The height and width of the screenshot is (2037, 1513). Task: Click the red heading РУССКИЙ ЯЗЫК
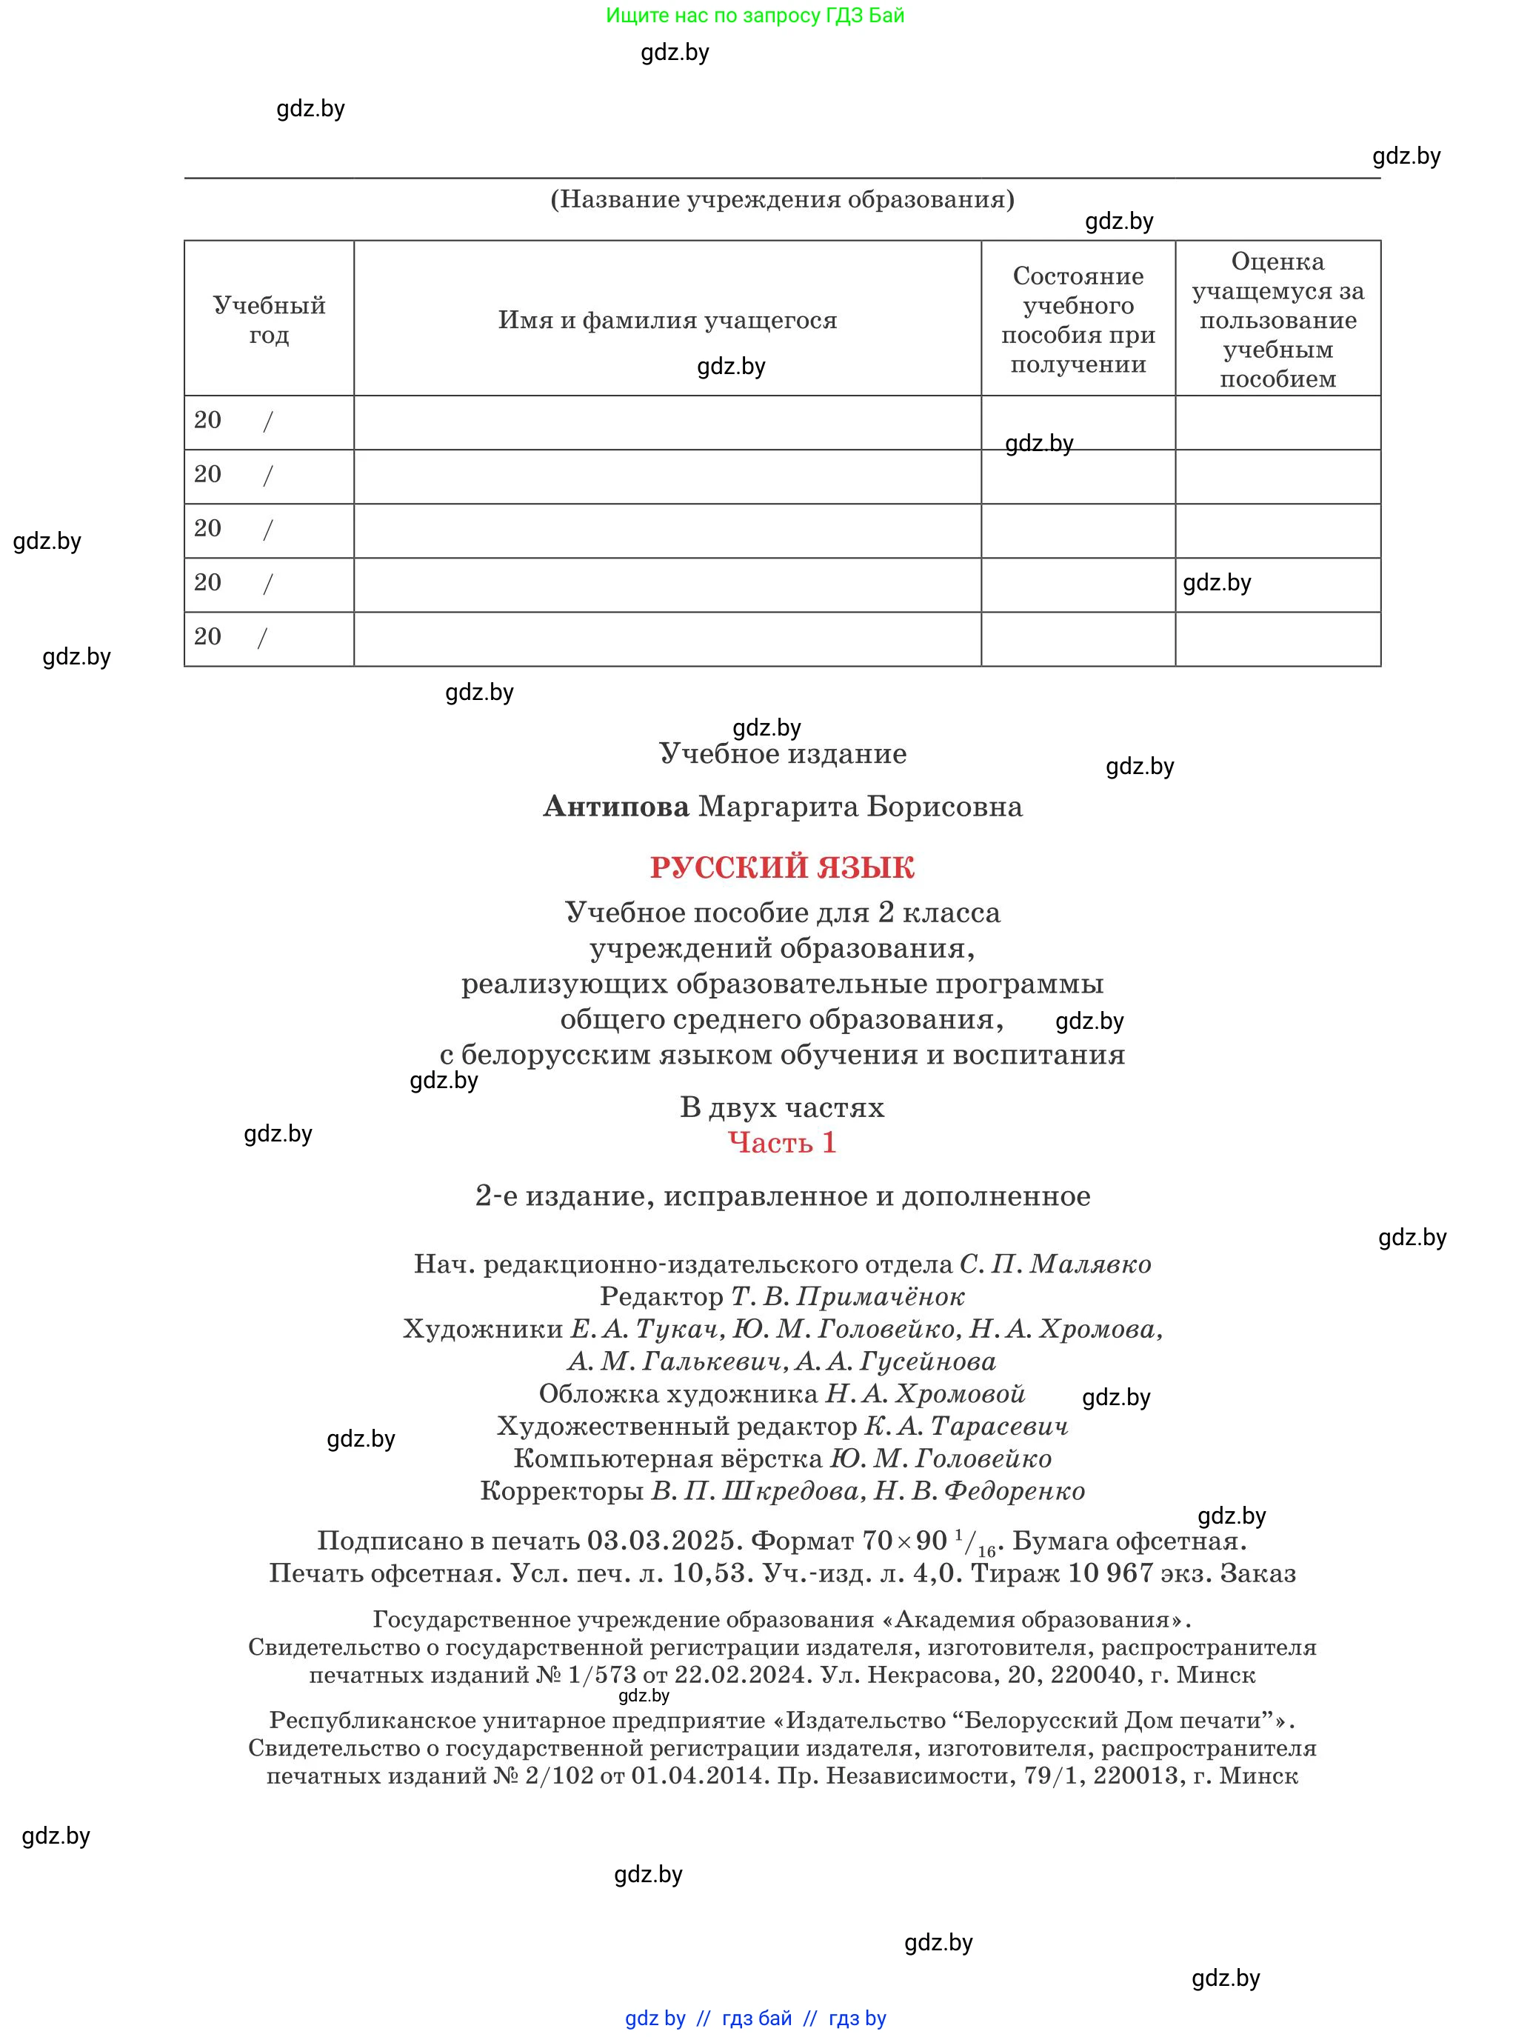pyautogui.click(x=781, y=867)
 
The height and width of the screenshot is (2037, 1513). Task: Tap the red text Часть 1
pyautogui.click(x=781, y=1142)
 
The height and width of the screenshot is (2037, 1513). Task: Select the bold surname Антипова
pyautogui.click(x=615, y=807)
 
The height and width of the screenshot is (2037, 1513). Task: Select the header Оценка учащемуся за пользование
pyautogui.click(x=1277, y=320)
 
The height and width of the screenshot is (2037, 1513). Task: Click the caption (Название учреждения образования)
pyautogui.click(x=781, y=200)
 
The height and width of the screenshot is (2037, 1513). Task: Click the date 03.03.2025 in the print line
pyautogui.click(x=661, y=1541)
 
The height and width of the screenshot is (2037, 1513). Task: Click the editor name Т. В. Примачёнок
pyautogui.click(x=847, y=1296)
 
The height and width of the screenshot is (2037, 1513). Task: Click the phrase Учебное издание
pyautogui.click(x=782, y=754)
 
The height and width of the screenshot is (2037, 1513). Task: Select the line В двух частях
pyautogui.click(x=781, y=1107)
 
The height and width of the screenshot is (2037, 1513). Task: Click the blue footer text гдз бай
pyautogui.click(x=757, y=2018)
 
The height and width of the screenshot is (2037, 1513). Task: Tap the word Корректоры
pyautogui.click(x=561, y=1490)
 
